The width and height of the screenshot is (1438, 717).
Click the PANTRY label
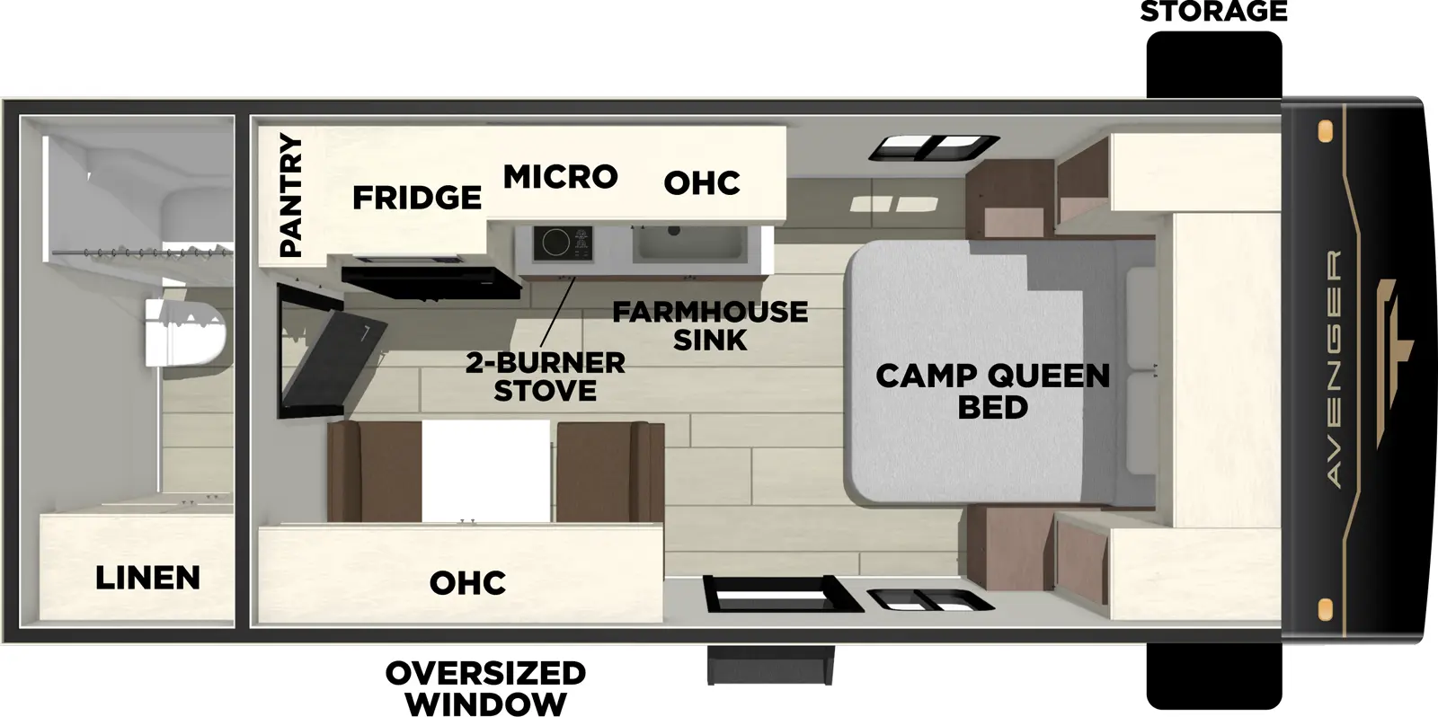coord(290,195)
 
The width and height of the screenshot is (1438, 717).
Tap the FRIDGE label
coord(416,197)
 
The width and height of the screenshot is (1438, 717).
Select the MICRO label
coord(560,176)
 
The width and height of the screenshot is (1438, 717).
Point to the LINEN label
coord(147,577)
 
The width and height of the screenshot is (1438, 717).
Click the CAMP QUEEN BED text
coord(992,391)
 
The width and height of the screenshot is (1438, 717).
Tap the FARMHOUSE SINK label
coord(710,325)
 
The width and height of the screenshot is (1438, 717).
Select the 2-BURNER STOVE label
coord(545,376)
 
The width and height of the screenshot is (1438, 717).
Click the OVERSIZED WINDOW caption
coord(485,687)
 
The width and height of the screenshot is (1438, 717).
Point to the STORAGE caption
coord(1213,12)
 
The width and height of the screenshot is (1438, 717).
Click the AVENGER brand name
coord(1334,368)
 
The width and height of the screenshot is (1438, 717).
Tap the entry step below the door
coord(771,665)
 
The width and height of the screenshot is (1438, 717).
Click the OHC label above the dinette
coord(467,582)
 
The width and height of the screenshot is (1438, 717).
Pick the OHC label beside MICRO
coord(702,182)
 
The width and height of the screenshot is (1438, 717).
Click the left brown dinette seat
coord(374,472)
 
